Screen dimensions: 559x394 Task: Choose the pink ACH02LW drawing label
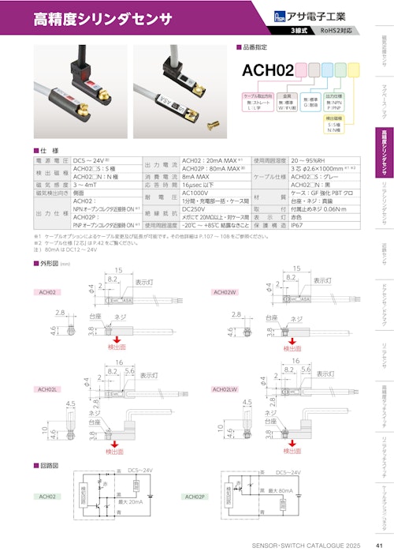227,389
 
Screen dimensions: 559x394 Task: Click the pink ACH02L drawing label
49,389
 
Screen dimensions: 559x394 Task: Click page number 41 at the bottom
378,546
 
